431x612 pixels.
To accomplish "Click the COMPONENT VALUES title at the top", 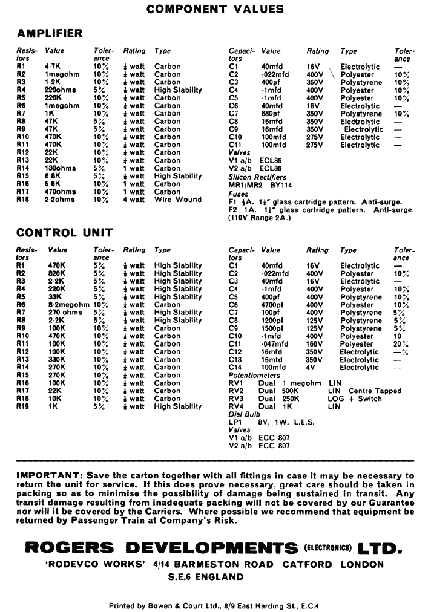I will (x=215, y=9).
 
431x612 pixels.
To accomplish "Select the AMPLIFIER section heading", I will (x=50, y=33).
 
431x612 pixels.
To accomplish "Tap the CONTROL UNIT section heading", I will (x=65, y=232).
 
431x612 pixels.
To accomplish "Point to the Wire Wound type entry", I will (x=178, y=200).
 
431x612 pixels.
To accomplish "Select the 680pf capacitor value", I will (x=271, y=114).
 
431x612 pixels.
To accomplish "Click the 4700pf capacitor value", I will (x=273, y=305).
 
